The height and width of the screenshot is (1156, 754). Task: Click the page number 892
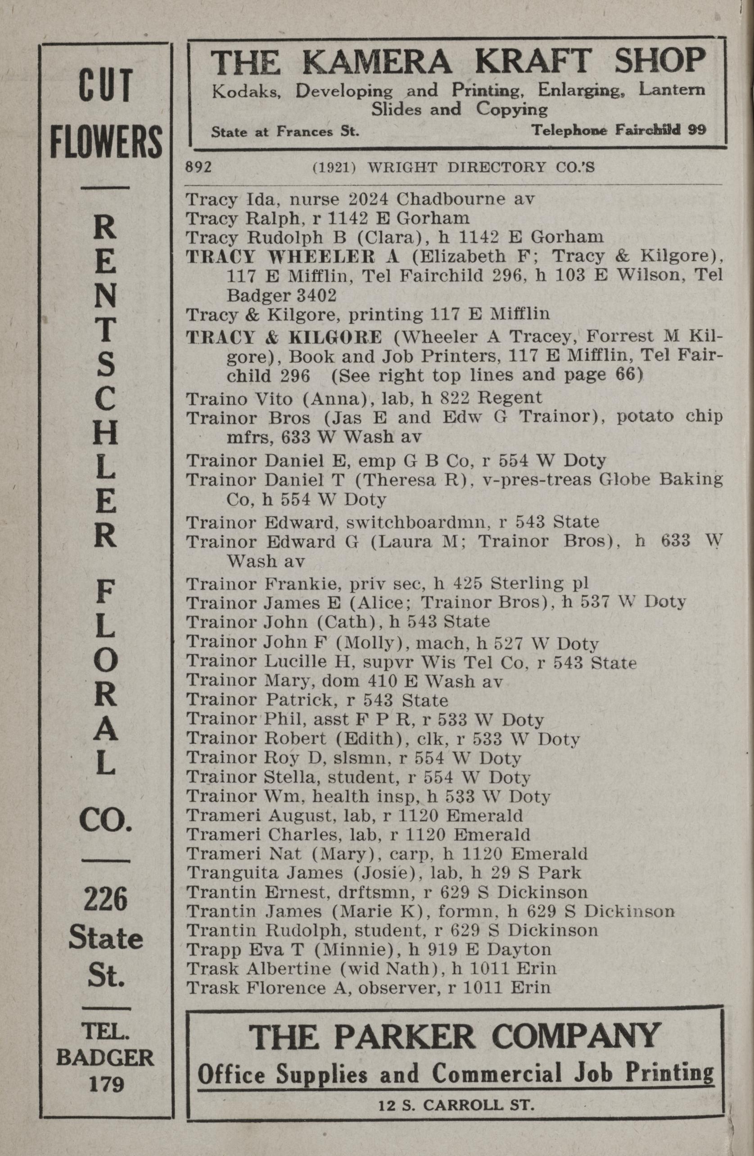tap(199, 167)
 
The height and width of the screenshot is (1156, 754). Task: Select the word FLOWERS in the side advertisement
tap(106, 141)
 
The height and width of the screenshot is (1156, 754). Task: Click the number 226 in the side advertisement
tap(105, 899)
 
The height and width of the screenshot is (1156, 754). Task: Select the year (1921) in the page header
tap(335, 167)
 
